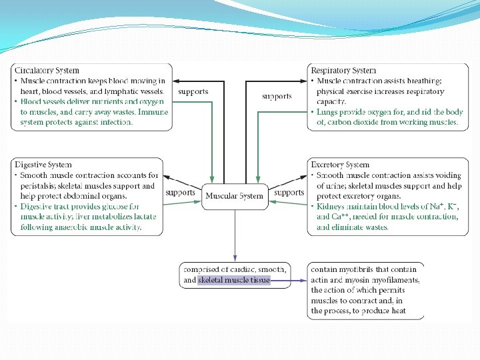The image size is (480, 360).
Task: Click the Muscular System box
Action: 235,196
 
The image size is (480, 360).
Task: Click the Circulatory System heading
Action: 47,70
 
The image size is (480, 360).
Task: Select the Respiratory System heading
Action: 343,70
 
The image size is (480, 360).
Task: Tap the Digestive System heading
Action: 43,164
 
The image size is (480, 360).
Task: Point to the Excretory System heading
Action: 340,164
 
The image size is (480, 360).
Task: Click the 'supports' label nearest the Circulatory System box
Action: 193,91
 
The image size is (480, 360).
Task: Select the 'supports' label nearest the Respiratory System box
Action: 277,96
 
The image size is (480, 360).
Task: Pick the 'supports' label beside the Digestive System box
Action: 180,193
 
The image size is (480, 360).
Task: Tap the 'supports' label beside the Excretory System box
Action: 289,193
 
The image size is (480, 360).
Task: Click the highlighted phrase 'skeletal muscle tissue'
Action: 234,280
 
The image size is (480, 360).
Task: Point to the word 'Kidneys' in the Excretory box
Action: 331,207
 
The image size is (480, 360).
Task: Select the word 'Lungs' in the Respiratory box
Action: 329,112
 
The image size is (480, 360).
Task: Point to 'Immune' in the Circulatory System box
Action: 151,112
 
